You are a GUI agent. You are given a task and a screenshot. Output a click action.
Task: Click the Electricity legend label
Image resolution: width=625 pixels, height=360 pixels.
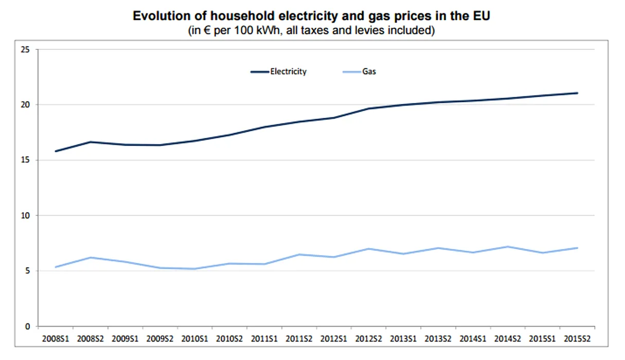tap(288, 71)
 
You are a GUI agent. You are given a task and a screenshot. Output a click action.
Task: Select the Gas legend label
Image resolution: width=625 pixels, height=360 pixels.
tap(369, 71)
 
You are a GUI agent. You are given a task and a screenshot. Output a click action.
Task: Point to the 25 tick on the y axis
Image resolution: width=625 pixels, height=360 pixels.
tap(26, 49)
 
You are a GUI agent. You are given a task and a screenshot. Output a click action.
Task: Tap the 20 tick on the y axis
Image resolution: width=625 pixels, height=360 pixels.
tap(26, 105)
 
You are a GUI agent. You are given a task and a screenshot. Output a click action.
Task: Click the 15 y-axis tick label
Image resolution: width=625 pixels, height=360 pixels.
tap(26, 160)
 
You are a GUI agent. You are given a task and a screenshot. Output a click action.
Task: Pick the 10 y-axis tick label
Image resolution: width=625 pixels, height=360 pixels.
tap(26, 215)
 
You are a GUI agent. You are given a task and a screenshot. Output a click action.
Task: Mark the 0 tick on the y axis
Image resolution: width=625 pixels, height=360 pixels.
tap(28, 327)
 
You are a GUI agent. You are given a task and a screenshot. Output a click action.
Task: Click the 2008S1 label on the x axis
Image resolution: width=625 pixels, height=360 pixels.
tap(55, 339)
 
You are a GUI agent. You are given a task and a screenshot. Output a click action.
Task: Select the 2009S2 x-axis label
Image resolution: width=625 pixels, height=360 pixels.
tap(160, 339)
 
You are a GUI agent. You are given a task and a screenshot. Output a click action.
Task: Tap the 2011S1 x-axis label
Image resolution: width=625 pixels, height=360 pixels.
tap(264, 339)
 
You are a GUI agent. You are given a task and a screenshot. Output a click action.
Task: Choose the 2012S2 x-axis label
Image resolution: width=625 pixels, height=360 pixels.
tap(369, 339)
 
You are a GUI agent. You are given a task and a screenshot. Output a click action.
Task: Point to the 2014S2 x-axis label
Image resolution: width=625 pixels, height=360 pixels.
tap(508, 339)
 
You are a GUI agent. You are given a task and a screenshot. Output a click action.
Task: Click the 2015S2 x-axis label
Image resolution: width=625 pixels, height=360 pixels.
tap(578, 339)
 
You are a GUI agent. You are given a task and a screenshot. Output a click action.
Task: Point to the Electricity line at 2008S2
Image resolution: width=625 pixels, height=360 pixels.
tap(90, 142)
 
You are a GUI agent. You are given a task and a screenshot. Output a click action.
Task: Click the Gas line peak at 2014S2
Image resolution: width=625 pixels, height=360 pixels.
tap(508, 247)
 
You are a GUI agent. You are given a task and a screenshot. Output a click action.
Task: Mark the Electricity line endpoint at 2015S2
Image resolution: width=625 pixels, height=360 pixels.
tap(578, 93)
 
